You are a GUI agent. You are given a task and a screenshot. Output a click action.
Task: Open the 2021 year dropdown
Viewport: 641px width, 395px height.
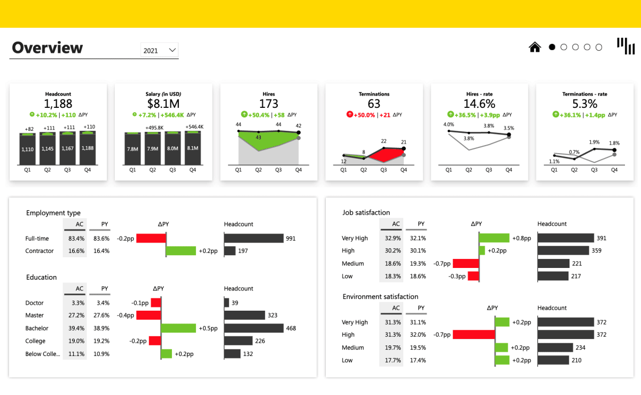(x=159, y=50)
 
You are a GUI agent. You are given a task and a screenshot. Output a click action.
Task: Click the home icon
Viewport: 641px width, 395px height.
(x=535, y=47)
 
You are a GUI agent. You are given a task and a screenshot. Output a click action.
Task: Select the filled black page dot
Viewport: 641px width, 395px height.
(x=552, y=47)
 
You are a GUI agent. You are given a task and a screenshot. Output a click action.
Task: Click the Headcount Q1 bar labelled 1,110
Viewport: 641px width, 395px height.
(x=28, y=148)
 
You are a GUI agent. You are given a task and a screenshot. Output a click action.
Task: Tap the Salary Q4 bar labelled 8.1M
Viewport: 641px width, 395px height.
(x=192, y=148)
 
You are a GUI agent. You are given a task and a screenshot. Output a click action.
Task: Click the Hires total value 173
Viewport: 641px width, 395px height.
(x=269, y=104)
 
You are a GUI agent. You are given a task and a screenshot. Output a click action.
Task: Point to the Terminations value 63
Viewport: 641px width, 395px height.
(x=374, y=104)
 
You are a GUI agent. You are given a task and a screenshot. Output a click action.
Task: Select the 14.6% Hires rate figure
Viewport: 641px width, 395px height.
(x=479, y=104)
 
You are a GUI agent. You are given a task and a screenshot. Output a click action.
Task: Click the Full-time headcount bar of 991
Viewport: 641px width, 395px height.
(x=254, y=238)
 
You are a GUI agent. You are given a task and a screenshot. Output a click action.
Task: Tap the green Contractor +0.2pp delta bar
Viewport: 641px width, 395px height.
(x=181, y=251)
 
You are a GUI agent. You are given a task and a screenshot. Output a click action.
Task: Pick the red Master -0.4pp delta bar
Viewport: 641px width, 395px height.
(x=148, y=315)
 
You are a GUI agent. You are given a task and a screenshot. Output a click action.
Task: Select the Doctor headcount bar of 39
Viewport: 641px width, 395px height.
(x=226, y=303)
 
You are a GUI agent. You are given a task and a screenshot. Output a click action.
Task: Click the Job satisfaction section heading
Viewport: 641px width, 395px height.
(x=366, y=212)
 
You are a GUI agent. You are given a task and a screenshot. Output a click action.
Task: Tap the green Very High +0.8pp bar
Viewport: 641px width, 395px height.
(x=494, y=238)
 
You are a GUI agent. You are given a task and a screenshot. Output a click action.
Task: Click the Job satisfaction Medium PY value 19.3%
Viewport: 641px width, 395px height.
(x=418, y=264)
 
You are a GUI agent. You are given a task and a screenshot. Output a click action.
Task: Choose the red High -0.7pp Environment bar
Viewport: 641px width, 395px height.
(x=474, y=335)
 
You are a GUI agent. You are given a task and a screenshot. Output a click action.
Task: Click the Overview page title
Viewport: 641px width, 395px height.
(x=48, y=48)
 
